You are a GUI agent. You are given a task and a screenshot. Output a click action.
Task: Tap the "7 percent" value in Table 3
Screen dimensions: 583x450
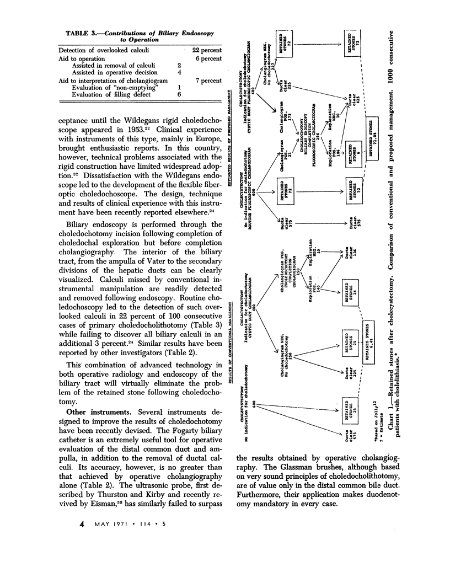(x=205, y=80)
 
